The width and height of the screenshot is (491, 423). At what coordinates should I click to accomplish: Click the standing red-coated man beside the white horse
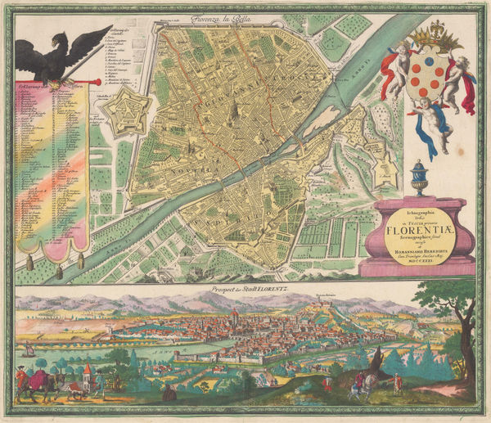coord(398,383)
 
